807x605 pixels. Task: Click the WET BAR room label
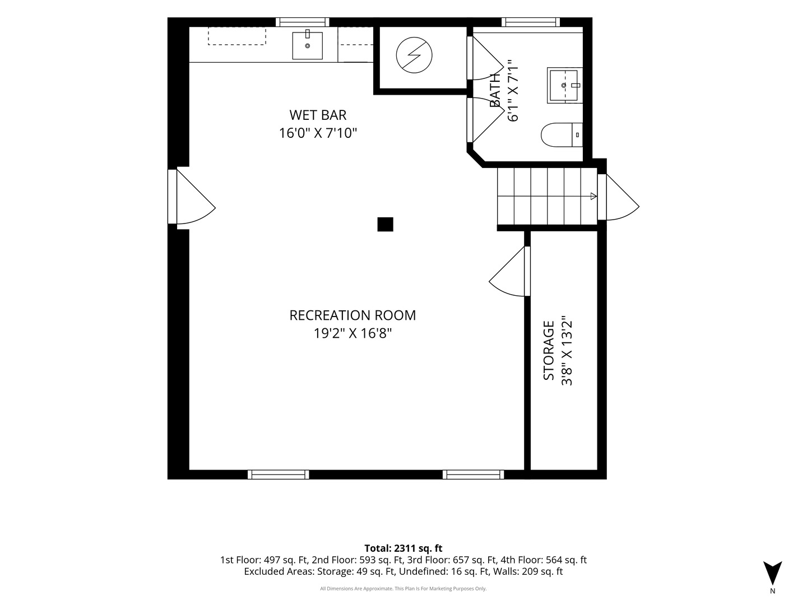318,115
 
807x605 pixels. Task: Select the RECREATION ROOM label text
352,315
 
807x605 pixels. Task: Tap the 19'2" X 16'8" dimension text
352,333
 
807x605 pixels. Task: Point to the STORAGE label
548,351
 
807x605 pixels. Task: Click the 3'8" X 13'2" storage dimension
567,351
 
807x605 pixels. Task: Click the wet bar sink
307,45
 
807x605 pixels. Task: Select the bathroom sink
564,85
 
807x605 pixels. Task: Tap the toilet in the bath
562,135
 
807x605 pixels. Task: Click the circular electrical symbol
414,55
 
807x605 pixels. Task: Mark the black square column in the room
386,225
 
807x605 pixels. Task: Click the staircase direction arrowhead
593,196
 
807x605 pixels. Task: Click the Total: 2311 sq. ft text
403,548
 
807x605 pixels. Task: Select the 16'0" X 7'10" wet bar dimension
318,133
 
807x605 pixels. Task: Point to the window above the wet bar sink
303,22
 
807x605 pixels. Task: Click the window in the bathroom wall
531,22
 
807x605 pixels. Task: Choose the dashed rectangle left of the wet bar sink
236,36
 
